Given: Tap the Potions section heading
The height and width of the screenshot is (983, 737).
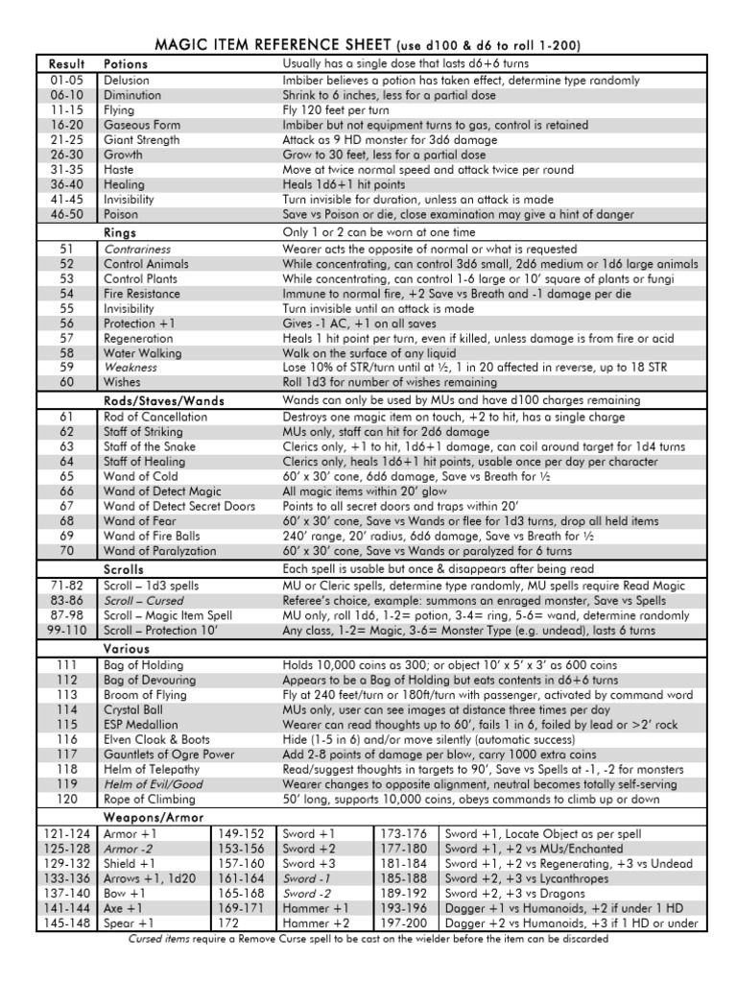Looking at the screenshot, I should (125, 62).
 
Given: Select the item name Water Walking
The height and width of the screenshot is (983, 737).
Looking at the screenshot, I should (140, 352).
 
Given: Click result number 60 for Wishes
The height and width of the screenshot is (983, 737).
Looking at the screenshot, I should (66, 382).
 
